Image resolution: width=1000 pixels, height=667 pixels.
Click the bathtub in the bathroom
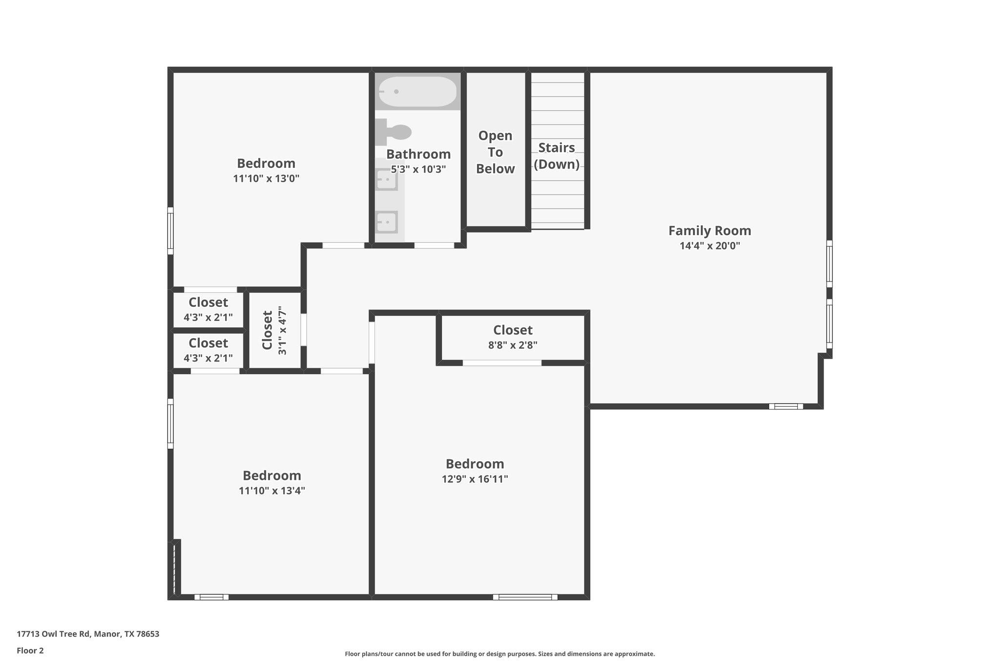tap(418, 91)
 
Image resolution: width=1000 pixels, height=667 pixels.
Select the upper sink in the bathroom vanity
tap(387, 180)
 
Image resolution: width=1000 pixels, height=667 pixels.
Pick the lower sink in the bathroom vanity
tap(387, 222)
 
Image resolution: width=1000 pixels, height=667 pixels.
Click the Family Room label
tap(709, 231)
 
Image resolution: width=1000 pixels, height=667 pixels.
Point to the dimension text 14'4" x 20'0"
tap(709, 246)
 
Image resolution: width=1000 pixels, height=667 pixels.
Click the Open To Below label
tap(495, 152)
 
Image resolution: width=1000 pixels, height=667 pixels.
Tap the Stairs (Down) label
tap(557, 155)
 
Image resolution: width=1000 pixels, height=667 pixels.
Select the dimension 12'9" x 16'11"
tap(475, 479)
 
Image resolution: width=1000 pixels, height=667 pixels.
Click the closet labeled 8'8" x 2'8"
tap(513, 337)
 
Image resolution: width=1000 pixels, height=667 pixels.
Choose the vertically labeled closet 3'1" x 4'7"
tap(274, 330)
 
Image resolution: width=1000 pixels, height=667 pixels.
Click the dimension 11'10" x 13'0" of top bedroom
tap(266, 178)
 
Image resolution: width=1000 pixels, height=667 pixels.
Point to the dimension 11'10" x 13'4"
tap(271, 491)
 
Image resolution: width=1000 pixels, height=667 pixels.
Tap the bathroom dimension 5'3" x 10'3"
tap(418, 170)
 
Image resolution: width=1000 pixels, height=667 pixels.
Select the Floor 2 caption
tap(30, 650)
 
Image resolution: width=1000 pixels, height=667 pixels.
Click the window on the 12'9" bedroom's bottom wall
tap(525, 597)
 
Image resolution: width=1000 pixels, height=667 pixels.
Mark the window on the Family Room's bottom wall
tap(786, 406)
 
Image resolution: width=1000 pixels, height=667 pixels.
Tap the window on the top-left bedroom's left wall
tap(170, 231)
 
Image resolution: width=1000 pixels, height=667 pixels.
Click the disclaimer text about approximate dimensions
tap(500, 654)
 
